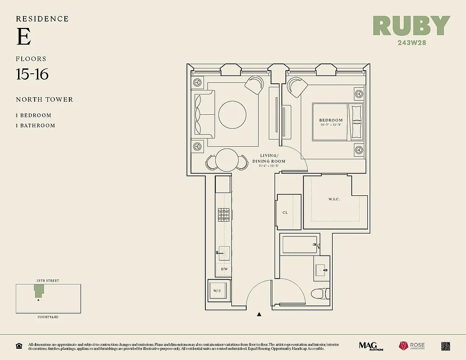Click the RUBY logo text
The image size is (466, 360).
[412, 26]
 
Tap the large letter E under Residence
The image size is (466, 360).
[23, 37]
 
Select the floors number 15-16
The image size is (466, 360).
[32, 74]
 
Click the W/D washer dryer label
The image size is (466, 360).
[217, 291]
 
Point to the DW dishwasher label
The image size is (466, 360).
[223, 269]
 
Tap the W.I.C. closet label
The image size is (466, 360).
[334, 199]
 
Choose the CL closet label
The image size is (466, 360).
[285, 212]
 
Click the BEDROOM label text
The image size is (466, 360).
[331, 120]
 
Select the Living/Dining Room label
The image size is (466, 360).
[269, 159]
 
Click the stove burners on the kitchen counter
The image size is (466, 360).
[224, 215]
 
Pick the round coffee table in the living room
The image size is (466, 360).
[232, 114]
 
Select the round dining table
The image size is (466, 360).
[226, 160]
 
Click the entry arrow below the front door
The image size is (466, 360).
[259, 315]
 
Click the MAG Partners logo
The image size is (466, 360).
[367, 346]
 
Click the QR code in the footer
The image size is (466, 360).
[445, 346]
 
